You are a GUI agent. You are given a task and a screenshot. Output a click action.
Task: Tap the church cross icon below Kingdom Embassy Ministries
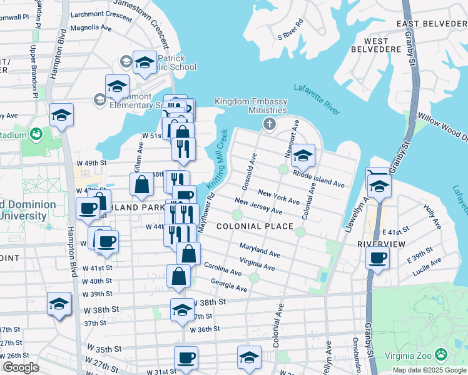coord(270,123)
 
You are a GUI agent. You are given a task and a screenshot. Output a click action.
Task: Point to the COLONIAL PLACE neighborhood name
coord(255,226)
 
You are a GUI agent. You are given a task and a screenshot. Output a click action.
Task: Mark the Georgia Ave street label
coord(229,285)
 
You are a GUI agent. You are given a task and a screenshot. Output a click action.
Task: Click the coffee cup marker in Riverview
coord(377,257)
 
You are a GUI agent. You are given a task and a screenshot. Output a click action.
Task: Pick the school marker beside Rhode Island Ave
coord(303,156)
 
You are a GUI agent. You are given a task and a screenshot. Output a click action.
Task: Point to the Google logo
coord(21,367)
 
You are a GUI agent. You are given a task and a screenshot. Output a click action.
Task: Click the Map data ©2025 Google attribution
coord(429,370)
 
